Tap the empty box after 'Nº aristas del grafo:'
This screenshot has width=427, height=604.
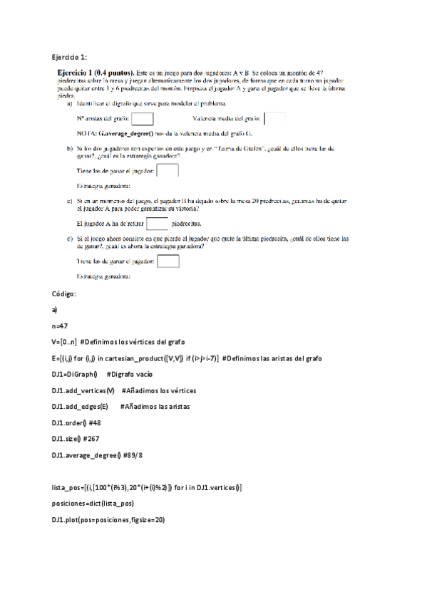click(143, 119)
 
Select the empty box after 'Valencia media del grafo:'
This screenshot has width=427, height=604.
click(274, 119)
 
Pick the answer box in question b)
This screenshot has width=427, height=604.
click(167, 171)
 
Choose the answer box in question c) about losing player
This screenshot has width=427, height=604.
click(168, 261)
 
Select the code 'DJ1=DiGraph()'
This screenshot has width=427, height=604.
click(74, 374)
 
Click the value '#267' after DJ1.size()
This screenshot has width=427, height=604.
click(96, 439)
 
